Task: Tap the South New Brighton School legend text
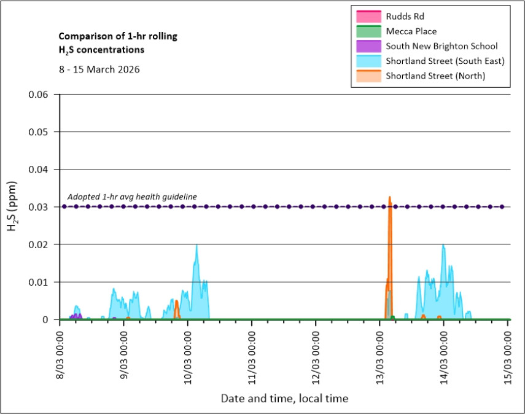(x=441, y=46)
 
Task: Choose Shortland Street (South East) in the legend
(x=445, y=61)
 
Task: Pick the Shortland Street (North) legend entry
(x=434, y=76)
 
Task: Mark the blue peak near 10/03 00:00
(x=196, y=246)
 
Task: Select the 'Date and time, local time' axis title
(x=284, y=399)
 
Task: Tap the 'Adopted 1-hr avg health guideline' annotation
(x=132, y=197)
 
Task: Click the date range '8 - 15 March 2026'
(x=99, y=69)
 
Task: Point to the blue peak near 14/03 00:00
(x=443, y=246)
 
